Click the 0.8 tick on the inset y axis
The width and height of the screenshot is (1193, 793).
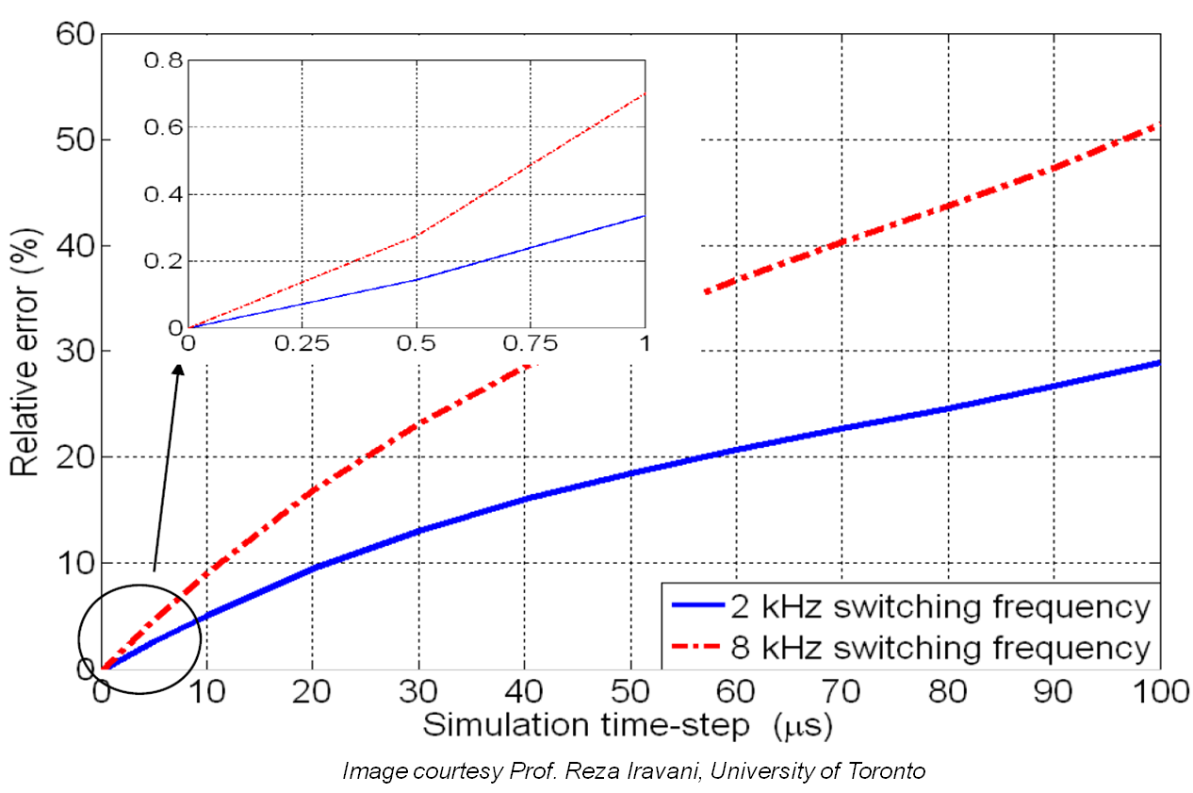[160, 60]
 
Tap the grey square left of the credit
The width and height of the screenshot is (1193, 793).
[38, 770]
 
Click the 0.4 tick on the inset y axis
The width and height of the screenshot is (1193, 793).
[160, 194]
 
